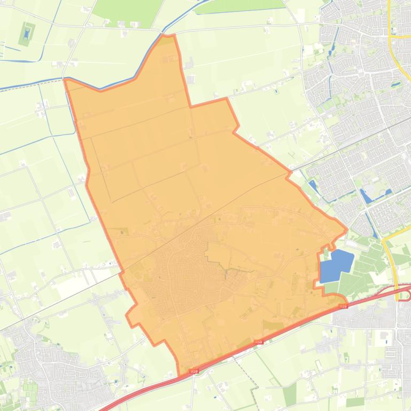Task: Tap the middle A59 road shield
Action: coord(259,342)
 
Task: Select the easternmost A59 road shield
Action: coord(343,306)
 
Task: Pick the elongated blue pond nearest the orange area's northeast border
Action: coord(312,186)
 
